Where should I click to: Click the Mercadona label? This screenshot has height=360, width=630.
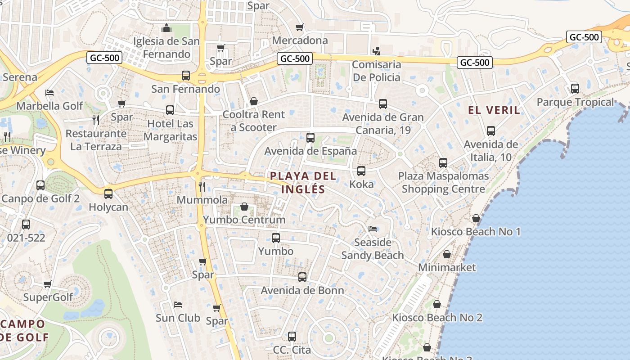[300, 40]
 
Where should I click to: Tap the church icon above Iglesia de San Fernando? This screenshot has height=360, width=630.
[166, 28]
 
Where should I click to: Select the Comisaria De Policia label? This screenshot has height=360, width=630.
[376, 71]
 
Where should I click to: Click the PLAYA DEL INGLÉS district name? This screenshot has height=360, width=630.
[303, 182]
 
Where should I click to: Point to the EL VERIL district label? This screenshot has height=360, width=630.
[494, 110]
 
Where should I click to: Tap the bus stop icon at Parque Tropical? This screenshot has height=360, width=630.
[575, 89]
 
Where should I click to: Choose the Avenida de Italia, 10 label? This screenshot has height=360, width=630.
[490, 151]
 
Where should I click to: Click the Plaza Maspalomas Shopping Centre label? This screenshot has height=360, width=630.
[443, 182]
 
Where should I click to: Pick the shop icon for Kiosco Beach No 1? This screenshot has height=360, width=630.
[476, 219]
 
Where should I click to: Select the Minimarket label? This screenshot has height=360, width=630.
[447, 267]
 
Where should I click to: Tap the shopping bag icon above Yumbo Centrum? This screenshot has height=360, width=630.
[244, 207]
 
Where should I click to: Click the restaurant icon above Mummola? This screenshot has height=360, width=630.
[202, 186]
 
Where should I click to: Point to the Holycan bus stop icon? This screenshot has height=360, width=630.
[108, 194]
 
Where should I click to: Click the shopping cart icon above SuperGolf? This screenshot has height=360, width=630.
[48, 284]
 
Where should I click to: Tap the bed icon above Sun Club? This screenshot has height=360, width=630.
[178, 305]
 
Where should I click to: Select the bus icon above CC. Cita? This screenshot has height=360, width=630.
[292, 336]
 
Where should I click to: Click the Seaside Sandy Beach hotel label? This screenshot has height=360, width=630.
[373, 249]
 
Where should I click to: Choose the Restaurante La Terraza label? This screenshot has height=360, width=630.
[96, 140]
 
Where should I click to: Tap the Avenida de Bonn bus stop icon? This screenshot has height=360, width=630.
[302, 277]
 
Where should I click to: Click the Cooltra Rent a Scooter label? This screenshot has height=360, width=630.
[254, 121]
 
